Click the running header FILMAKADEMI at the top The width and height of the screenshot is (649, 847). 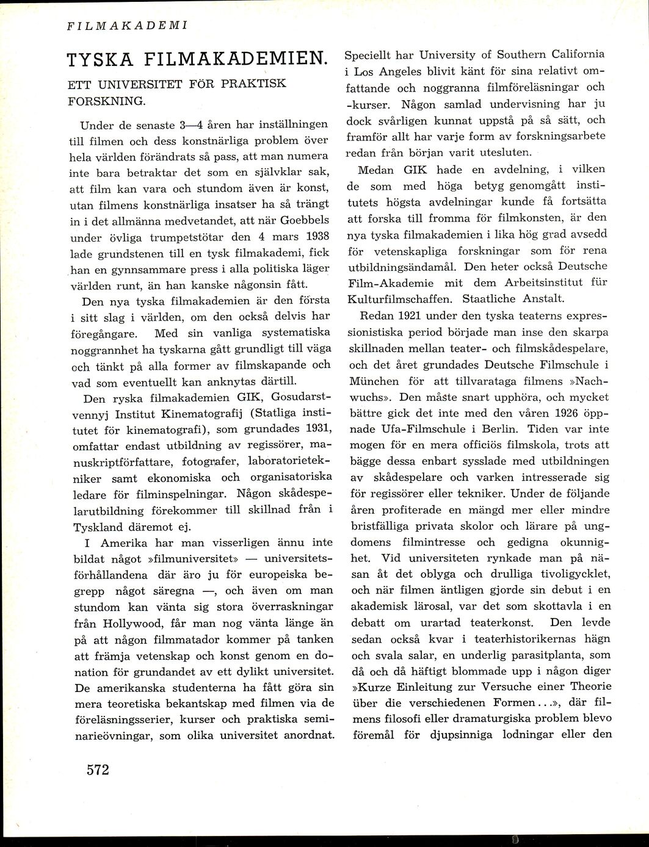click(x=127, y=27)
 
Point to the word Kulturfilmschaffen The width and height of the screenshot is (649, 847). click(x=401, y=298)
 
